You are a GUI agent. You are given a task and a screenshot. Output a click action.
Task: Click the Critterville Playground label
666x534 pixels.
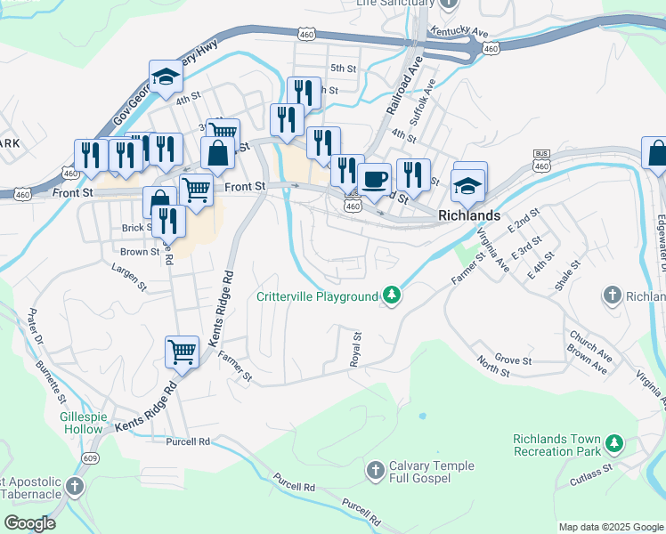[317, 296]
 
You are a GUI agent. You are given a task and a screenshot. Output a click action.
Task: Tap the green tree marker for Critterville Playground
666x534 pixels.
[391, 295]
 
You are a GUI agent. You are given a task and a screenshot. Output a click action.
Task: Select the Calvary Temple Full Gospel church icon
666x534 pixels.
[375, 468]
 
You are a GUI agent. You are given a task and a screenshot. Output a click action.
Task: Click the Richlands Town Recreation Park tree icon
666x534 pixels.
[613, 442]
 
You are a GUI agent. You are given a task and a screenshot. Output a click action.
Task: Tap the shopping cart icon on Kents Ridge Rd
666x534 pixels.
[182, 351]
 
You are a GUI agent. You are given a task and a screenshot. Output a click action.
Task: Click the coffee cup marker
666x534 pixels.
[375, 177]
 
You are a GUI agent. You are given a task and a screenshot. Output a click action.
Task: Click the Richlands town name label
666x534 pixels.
[469, 215]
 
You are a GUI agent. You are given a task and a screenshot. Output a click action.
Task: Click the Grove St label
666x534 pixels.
[515, 360]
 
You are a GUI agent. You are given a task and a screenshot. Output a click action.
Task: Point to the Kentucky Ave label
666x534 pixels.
[459, 32]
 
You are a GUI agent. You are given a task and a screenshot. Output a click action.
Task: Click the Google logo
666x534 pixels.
[30, 523]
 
